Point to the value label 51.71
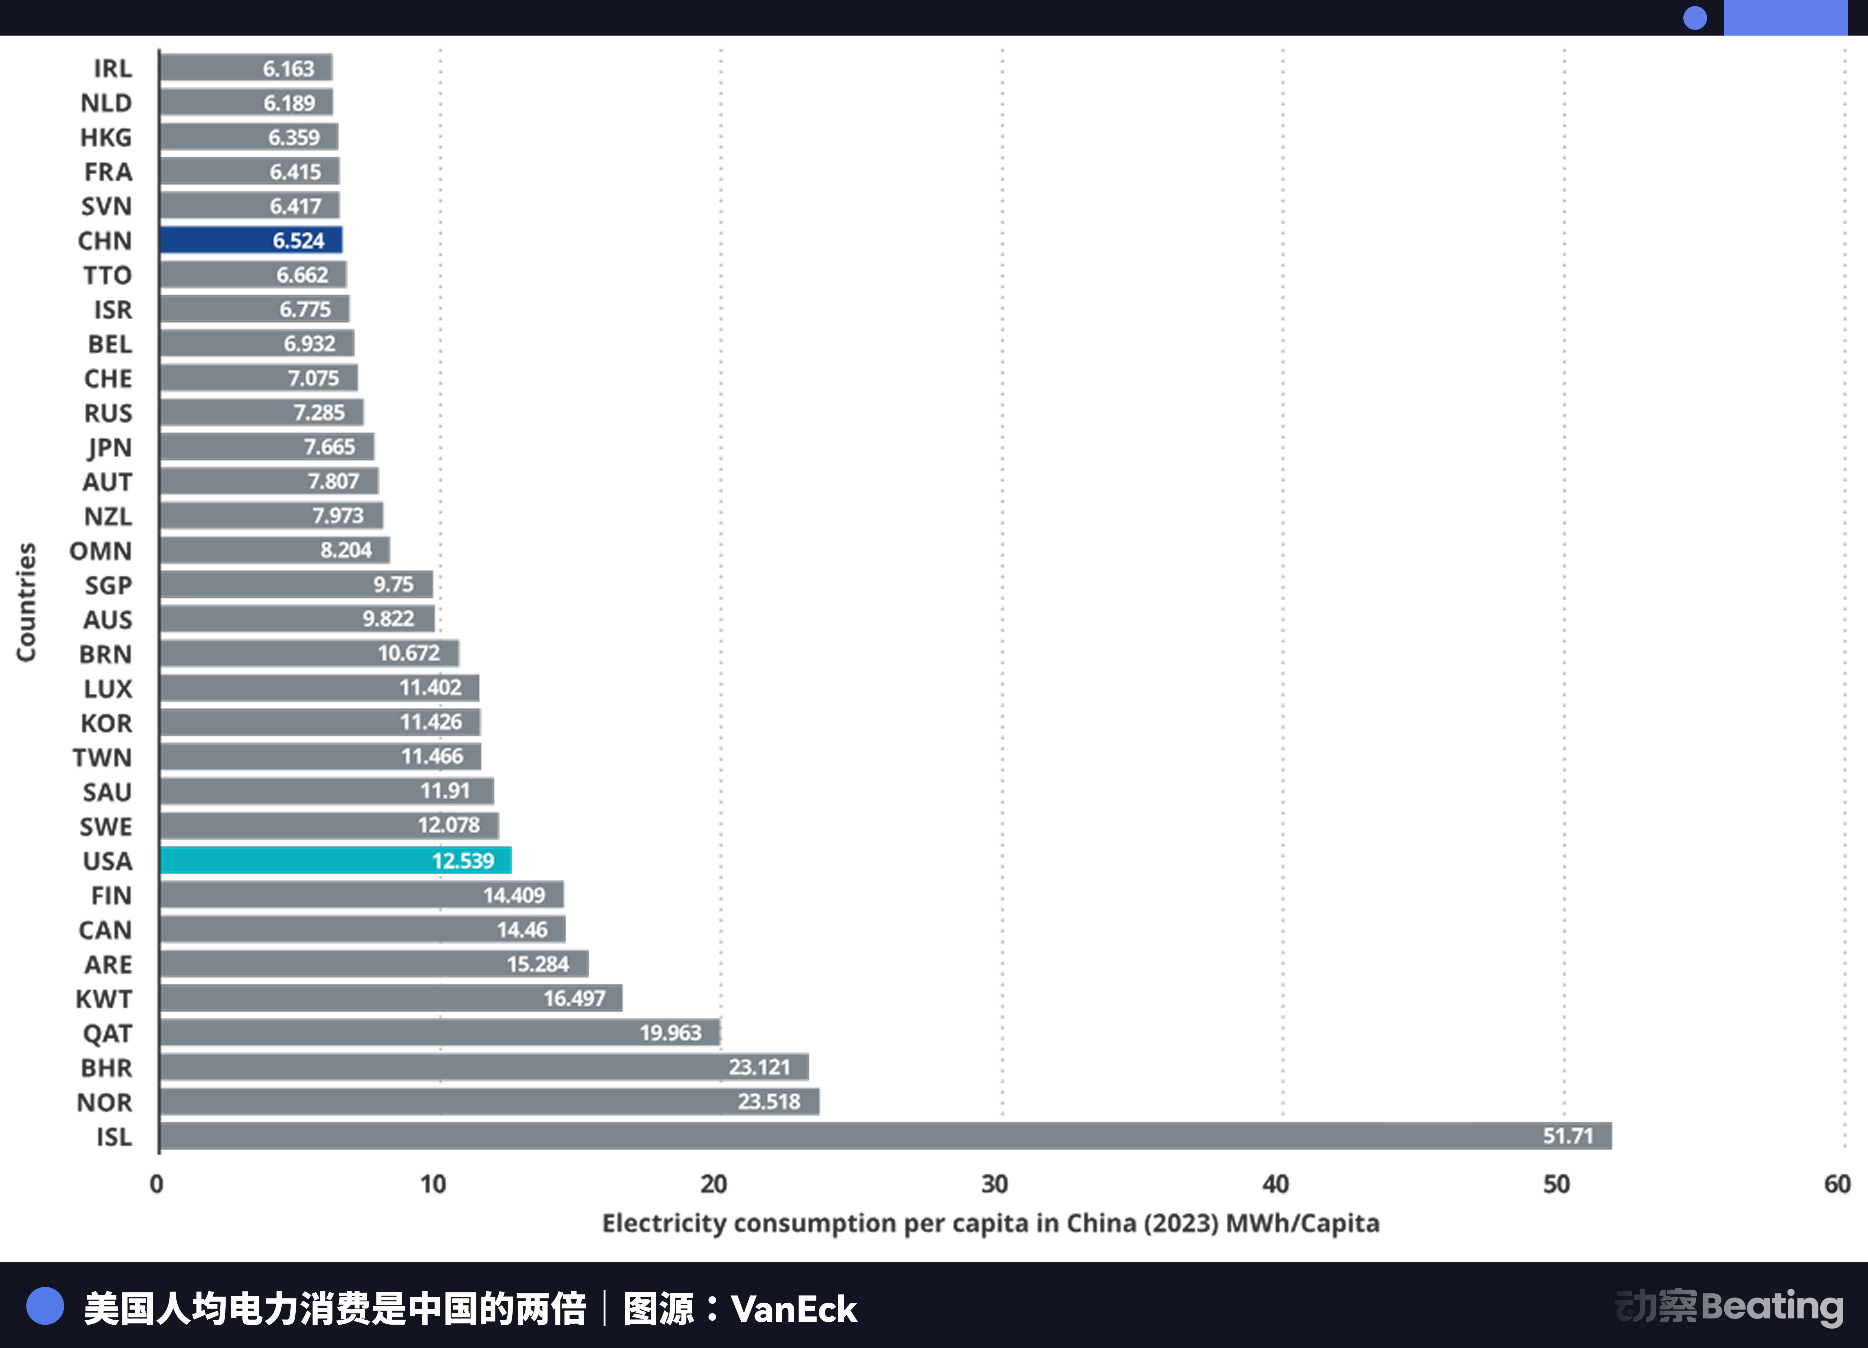1567,1136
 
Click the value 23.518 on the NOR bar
768,1102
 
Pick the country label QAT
107,1033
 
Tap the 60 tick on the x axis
1837,1184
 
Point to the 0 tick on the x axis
157,1184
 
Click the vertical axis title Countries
26,601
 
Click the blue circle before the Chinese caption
45,1307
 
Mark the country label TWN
102,757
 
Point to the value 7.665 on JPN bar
329,446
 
